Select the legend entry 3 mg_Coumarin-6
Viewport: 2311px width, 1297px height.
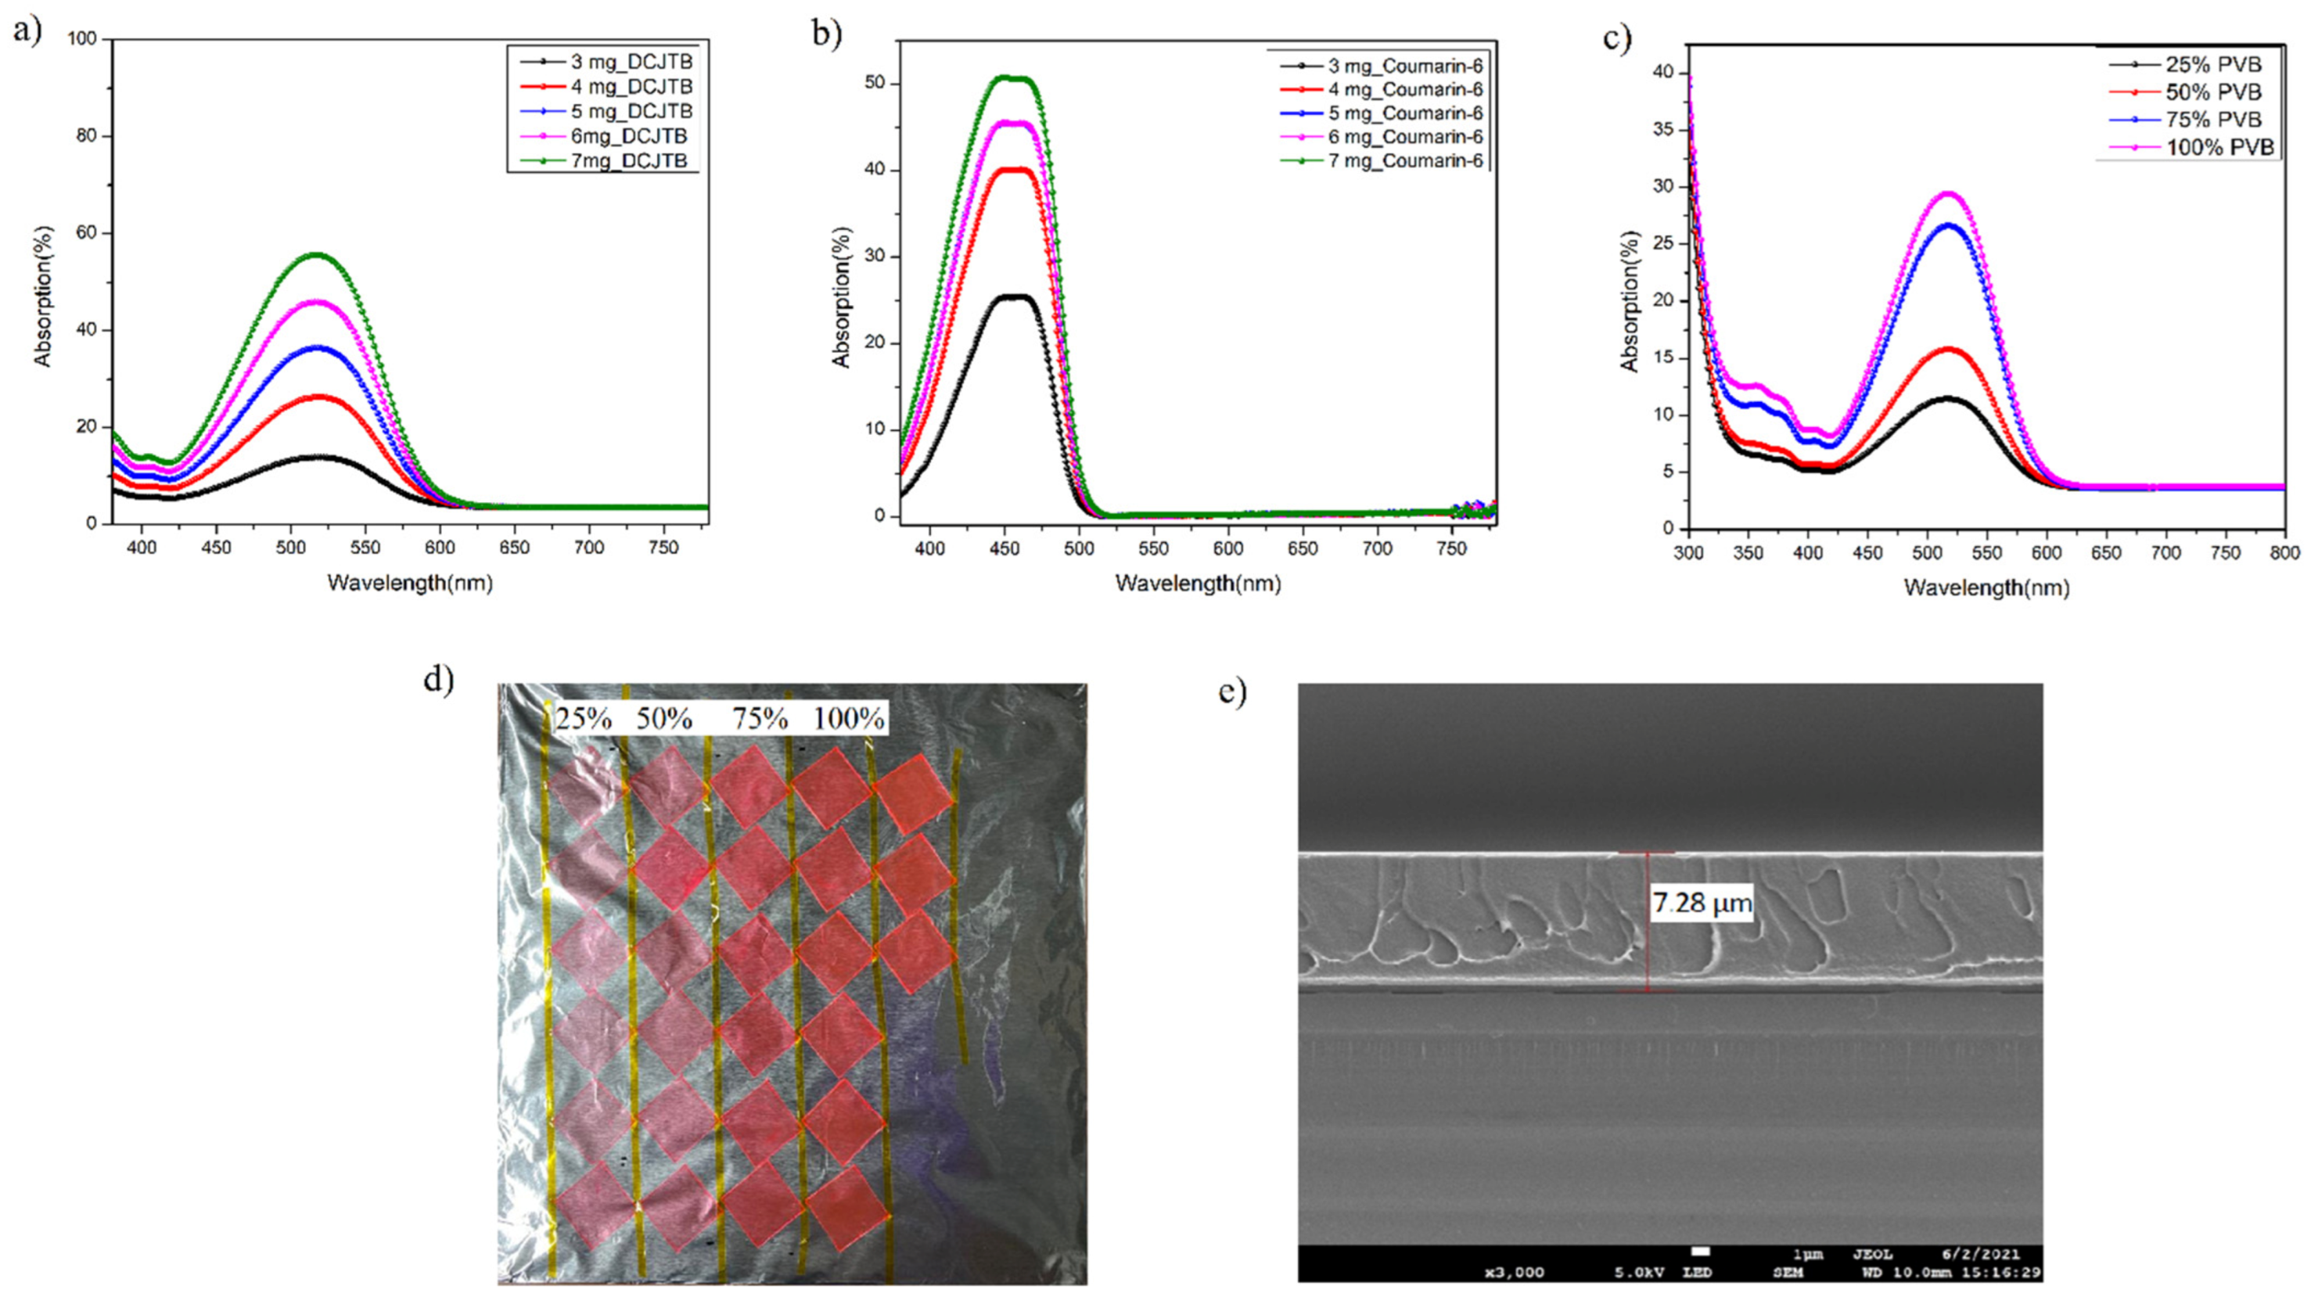(1405, 66)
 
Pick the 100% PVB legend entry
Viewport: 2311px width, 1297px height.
(2219, 147)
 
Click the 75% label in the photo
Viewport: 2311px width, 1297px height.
(760, 718)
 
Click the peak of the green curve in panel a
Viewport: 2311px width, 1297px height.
(316, 255)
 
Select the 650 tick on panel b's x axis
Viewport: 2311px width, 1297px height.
(1303, 548)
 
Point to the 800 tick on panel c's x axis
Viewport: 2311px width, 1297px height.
(2285, 553)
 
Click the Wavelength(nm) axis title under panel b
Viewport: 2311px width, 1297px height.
(1198, 583)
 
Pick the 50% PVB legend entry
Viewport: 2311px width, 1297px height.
(2212, 92)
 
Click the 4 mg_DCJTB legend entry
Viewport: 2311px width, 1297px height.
(631, 87)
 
